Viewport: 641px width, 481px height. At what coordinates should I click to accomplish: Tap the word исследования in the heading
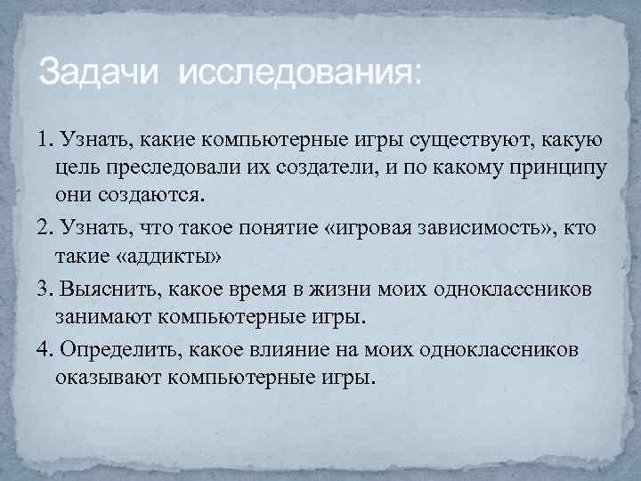pyautogui.click(x=298, y=72)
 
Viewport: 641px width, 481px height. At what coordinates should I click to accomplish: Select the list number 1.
pyautogui.click(x=44, y=140)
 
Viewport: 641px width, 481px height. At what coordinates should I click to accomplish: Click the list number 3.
pyautogui.click(x=44, y=289)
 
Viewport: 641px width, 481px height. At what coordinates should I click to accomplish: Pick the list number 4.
pyautogui.click(x=44, y=348)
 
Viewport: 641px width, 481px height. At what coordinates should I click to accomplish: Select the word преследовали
pyautogui.click(x=155, y=169)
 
